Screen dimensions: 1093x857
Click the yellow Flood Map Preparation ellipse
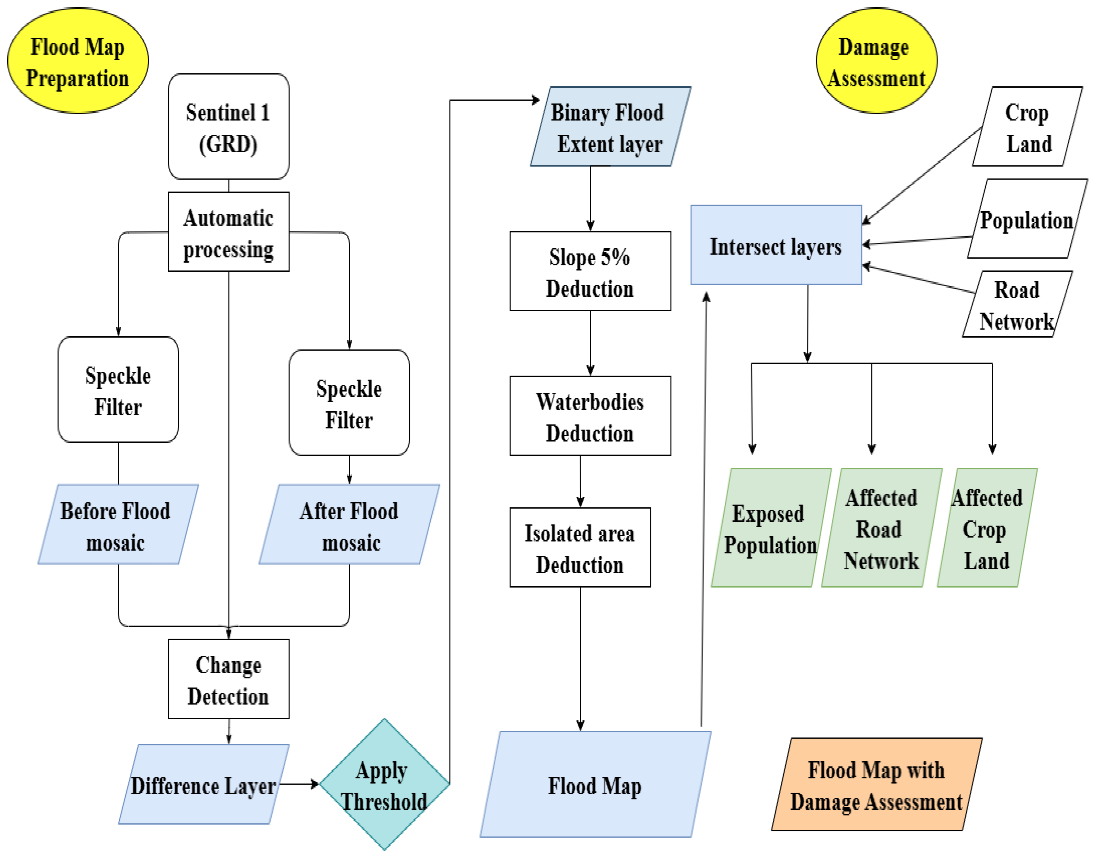78,60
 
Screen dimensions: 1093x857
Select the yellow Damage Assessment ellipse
876,60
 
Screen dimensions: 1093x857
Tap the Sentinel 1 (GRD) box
229,127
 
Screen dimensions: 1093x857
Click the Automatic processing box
229,232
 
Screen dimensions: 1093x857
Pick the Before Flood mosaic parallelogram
118,524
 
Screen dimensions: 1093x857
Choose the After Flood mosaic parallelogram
350,524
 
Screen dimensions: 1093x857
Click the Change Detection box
229,679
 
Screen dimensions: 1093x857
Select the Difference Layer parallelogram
204,784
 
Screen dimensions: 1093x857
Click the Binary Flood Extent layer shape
610,127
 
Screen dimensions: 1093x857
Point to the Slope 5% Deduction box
590,271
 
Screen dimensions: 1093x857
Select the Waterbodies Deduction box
590,416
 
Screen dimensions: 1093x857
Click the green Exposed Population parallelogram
771,528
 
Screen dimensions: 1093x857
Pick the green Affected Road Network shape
882,528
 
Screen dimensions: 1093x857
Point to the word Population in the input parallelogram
1026,221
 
